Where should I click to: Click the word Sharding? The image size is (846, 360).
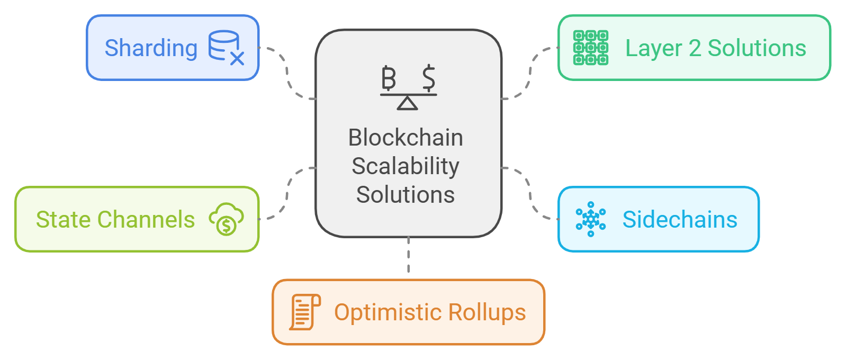151,48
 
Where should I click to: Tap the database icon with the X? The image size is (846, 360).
226,48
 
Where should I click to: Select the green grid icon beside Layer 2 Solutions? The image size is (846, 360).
590,48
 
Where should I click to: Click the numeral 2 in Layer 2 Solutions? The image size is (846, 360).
695,48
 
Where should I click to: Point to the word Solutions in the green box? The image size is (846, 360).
757,48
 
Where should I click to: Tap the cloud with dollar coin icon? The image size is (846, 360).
226,219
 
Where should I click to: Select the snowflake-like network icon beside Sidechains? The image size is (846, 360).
590,219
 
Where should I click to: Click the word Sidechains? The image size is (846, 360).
680,220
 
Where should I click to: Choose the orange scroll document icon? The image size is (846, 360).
304,312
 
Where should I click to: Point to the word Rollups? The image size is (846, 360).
487,312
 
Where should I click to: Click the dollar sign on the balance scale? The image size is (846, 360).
429,78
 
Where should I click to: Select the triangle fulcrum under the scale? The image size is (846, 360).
407,103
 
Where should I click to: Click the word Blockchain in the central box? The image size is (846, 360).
406,138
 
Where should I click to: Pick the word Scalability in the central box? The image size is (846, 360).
406,166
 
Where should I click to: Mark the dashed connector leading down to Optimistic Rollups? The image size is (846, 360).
408,255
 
